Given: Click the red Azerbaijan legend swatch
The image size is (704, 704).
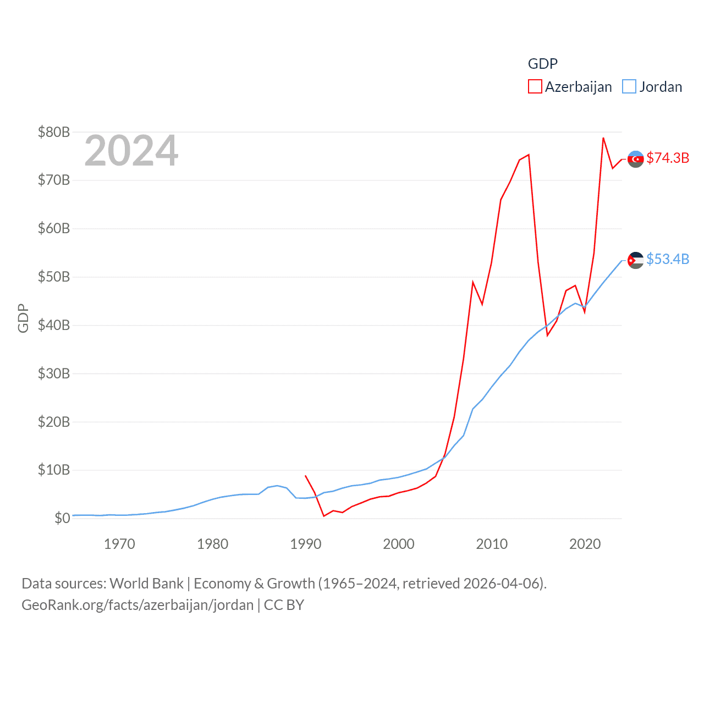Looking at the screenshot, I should pos(535,87).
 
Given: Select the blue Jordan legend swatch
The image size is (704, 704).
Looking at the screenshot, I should pos(629,87).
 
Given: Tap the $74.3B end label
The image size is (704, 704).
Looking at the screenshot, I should pos(668,158).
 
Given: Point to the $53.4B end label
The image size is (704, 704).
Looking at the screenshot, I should pos(668,259).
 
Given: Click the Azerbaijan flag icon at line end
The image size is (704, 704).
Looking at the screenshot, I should pos(636,159).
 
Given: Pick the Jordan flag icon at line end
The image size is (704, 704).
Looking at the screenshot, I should pos(636,260).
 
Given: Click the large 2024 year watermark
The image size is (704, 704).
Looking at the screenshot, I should pos(131,151).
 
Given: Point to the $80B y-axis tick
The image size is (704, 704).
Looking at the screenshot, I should pos(54,132).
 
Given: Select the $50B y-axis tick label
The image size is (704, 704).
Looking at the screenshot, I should pos(54,277).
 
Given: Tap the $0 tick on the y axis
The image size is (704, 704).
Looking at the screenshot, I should pos(62,518).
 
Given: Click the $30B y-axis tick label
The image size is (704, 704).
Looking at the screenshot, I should pos(54,373).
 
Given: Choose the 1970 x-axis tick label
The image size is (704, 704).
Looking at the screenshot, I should pos(119,544).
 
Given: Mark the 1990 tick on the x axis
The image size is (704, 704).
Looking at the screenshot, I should pos(306,544).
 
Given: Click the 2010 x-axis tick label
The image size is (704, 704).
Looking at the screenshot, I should pos(492,544).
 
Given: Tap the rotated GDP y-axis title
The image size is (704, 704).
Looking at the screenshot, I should pos(23,318).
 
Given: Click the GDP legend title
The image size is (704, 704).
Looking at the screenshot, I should pos(543,64).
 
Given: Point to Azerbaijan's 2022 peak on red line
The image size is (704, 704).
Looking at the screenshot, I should pos(603,138).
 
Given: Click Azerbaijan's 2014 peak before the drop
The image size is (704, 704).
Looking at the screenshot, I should pos(529,155).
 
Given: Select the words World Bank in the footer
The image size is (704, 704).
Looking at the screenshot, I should pos(147,583).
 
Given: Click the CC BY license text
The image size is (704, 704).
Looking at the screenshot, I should pos(284,605).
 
